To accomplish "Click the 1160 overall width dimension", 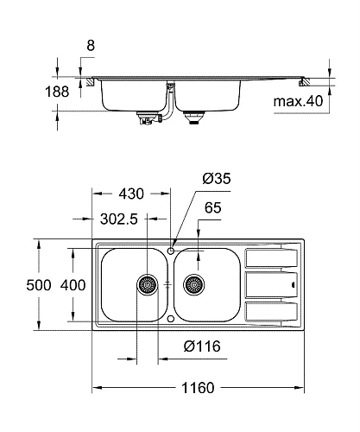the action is tap(198, 388).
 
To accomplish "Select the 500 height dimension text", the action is tap(39, 285).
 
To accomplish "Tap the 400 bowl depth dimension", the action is tap(73, 285).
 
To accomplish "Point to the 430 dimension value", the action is tap(131, 194).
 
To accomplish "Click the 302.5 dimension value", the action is tap(119, 219).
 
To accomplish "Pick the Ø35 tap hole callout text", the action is tap(217, 179).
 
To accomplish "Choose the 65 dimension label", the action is tap(213, 208).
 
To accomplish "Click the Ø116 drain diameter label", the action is tap(202, 346).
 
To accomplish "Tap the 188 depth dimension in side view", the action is tap(57, 92).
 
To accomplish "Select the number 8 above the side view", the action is tap(91, 46).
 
